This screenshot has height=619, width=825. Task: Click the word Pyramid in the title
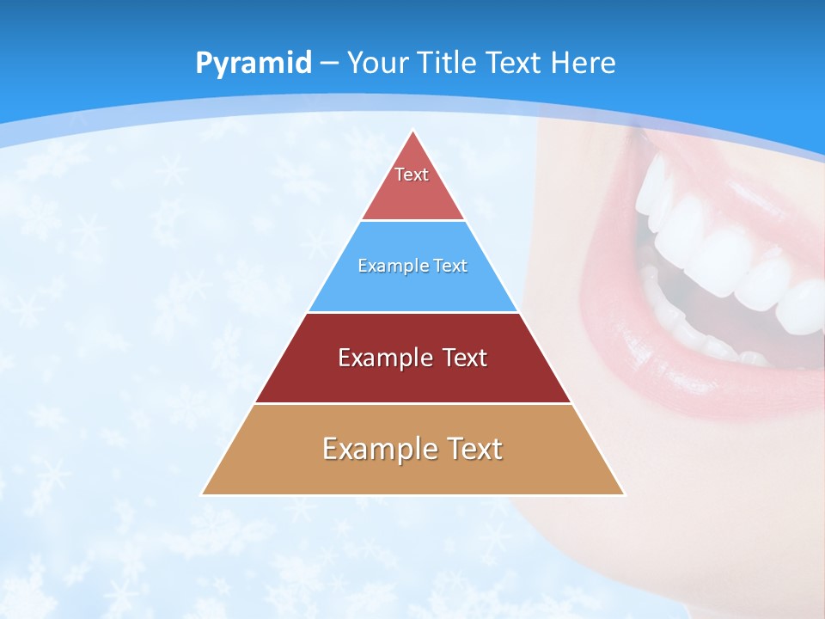coord(253,64)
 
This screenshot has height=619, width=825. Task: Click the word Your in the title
coord(378,63)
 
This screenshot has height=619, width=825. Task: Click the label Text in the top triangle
coord(412,175)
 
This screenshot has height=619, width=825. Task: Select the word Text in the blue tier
coord(450,266)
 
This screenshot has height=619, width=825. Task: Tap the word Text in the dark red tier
coord(466,358)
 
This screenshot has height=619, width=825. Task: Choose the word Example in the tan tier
coord(380,449)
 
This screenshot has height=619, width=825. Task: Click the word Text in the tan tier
coord(474,449)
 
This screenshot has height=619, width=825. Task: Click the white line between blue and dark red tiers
coord(413,312)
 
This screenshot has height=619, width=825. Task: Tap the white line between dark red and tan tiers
coord(413,403)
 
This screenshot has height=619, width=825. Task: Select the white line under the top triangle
coord(413,220)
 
